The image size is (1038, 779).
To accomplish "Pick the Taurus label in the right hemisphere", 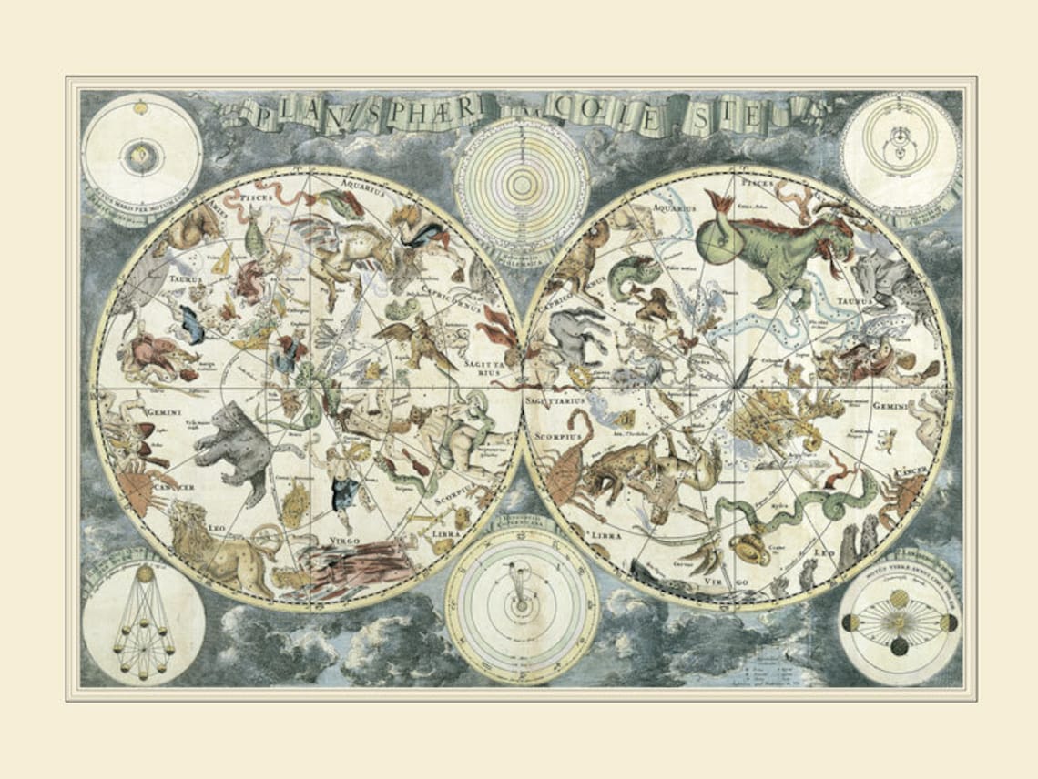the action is coord(855,299).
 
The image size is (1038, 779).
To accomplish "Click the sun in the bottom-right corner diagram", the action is coord(898,623).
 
